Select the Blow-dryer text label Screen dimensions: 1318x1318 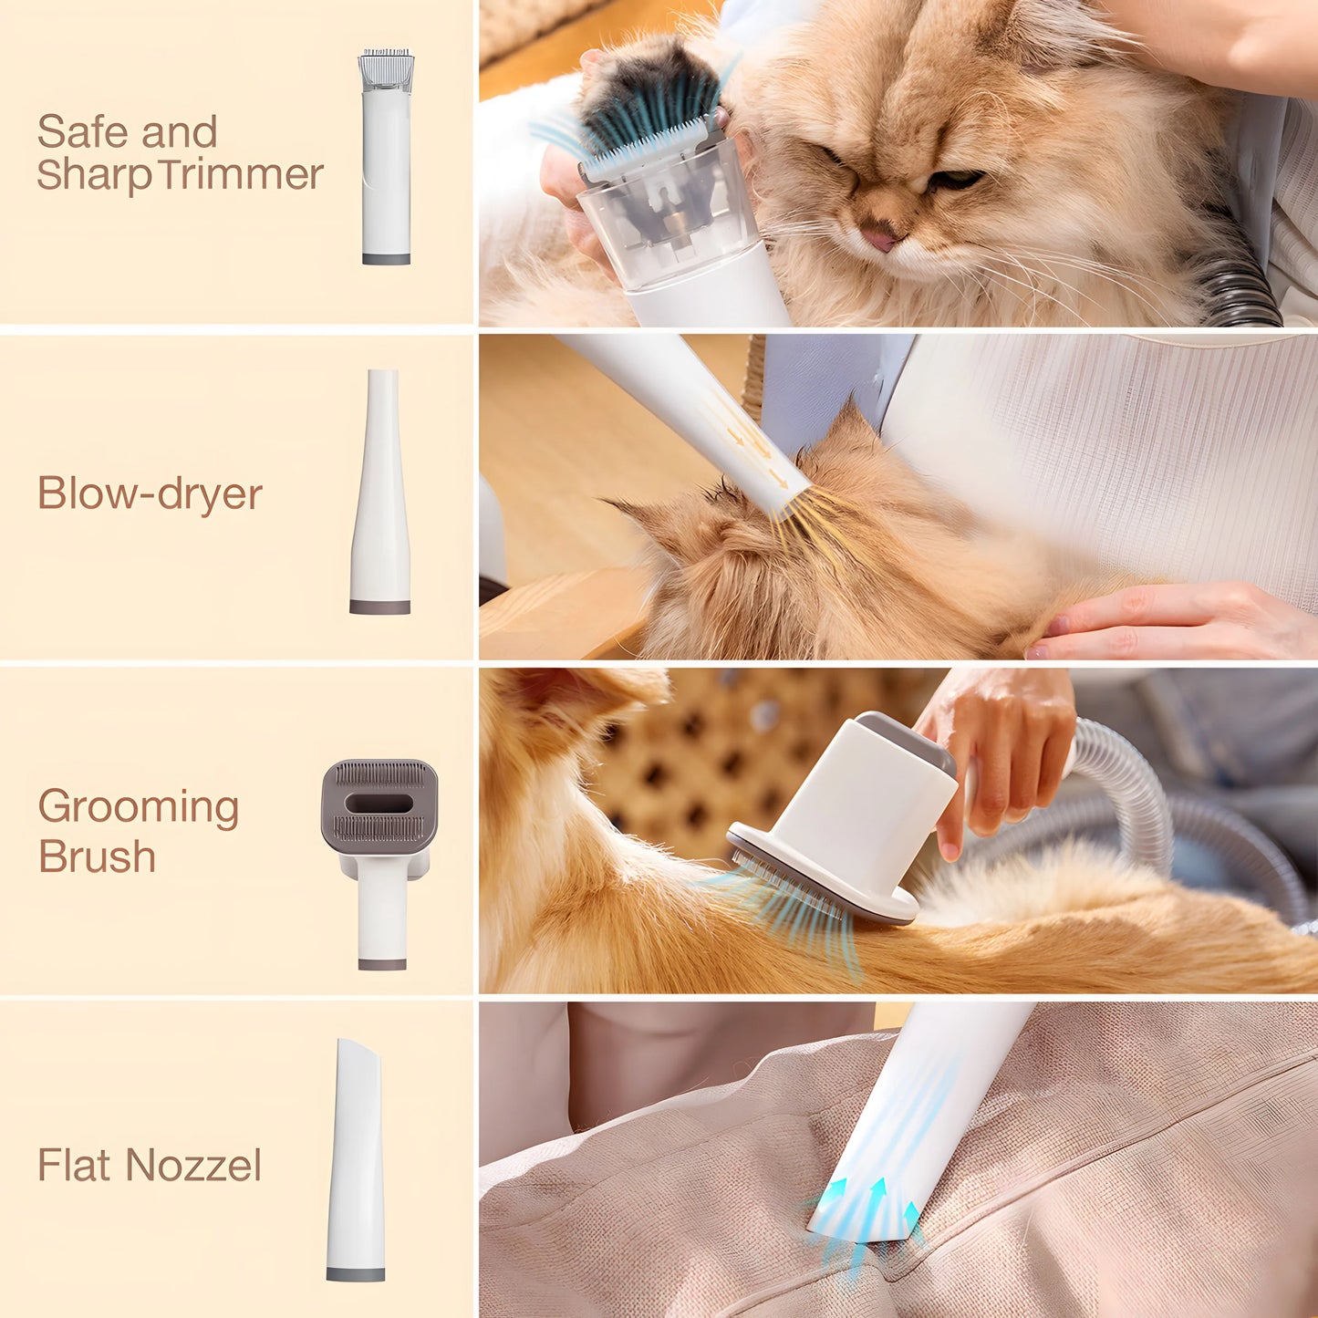[x=150, y=493]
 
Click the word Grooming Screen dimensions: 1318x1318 [x=139, y=807]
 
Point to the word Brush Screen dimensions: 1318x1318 [x=97, y=857]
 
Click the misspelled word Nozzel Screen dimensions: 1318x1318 [x=193, y=1165]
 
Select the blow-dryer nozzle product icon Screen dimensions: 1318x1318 [x=380, y=493]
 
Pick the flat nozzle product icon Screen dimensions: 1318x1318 [x=356, y=1158]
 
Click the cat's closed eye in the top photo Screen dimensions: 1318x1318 [x=956, y=179]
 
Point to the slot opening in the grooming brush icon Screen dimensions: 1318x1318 [x=379, y=804]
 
